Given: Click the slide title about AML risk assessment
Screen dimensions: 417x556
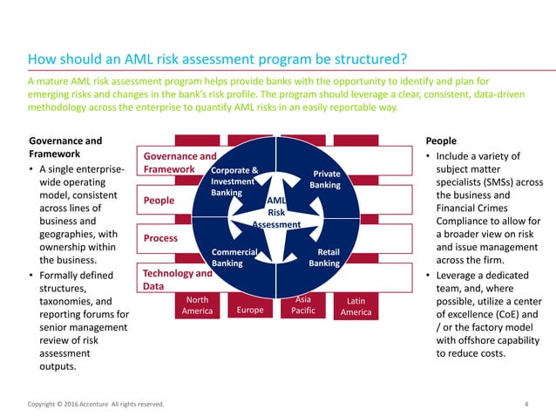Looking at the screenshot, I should click(x=218, y=60).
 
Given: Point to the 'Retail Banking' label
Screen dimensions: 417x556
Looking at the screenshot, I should click(x=324, y=256).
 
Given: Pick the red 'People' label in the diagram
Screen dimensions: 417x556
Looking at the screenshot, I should click(x=159, y=201).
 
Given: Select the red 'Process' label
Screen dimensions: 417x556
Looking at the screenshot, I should click(x=161, y=238).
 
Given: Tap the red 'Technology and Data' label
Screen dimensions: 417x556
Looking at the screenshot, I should click(x=177, y=279).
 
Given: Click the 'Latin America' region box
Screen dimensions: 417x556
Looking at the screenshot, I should click(x=356, y=306).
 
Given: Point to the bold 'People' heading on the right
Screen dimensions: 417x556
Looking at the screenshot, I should click(x=440, y=140).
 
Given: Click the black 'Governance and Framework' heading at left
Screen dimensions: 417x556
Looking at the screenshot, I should click(x=65, y=147).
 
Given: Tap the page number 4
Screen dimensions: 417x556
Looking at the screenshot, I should click(x=526, y=404).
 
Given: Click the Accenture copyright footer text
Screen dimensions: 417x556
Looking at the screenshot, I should click(x=96, y=404).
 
